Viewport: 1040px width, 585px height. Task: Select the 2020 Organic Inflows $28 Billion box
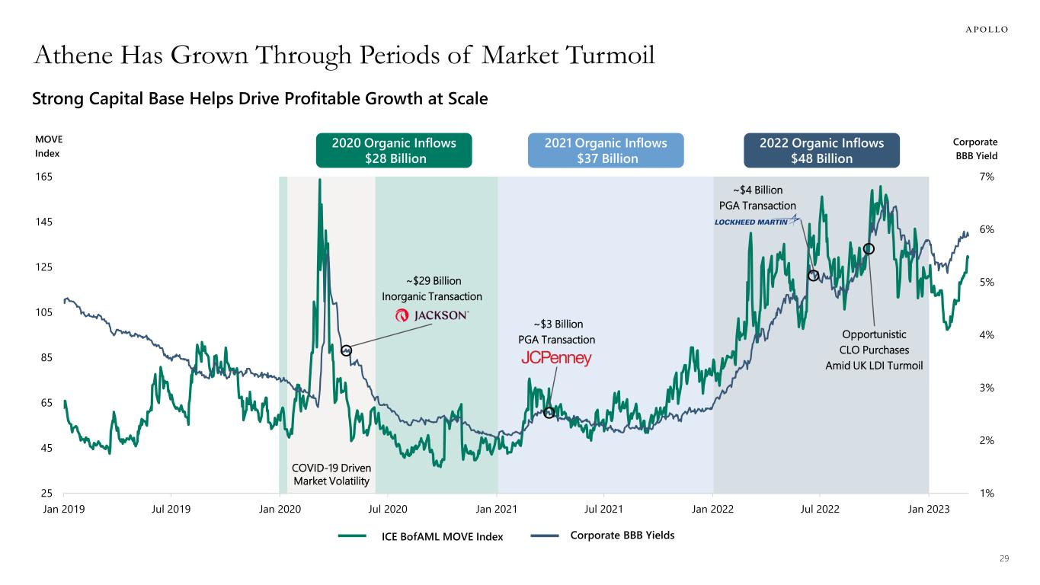(394, 150)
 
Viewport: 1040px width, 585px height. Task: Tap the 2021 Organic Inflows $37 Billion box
(606, 150)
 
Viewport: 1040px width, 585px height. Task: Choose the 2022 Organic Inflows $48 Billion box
(821, 150)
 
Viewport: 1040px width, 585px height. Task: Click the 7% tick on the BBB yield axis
(987, 177)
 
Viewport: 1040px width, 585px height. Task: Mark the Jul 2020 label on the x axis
(388, 508)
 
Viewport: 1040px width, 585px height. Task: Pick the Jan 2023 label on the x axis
(928, 508)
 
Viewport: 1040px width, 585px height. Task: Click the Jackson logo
(432, 316)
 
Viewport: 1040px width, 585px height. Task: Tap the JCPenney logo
(556, 359)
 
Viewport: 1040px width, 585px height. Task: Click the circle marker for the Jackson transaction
(347, 350)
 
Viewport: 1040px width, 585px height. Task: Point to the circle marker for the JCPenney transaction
(549, 413)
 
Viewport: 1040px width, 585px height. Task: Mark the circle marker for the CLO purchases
(869, 249)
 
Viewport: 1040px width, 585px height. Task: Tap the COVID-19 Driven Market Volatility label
(331, 475)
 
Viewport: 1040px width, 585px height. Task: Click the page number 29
(1003, 560)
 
